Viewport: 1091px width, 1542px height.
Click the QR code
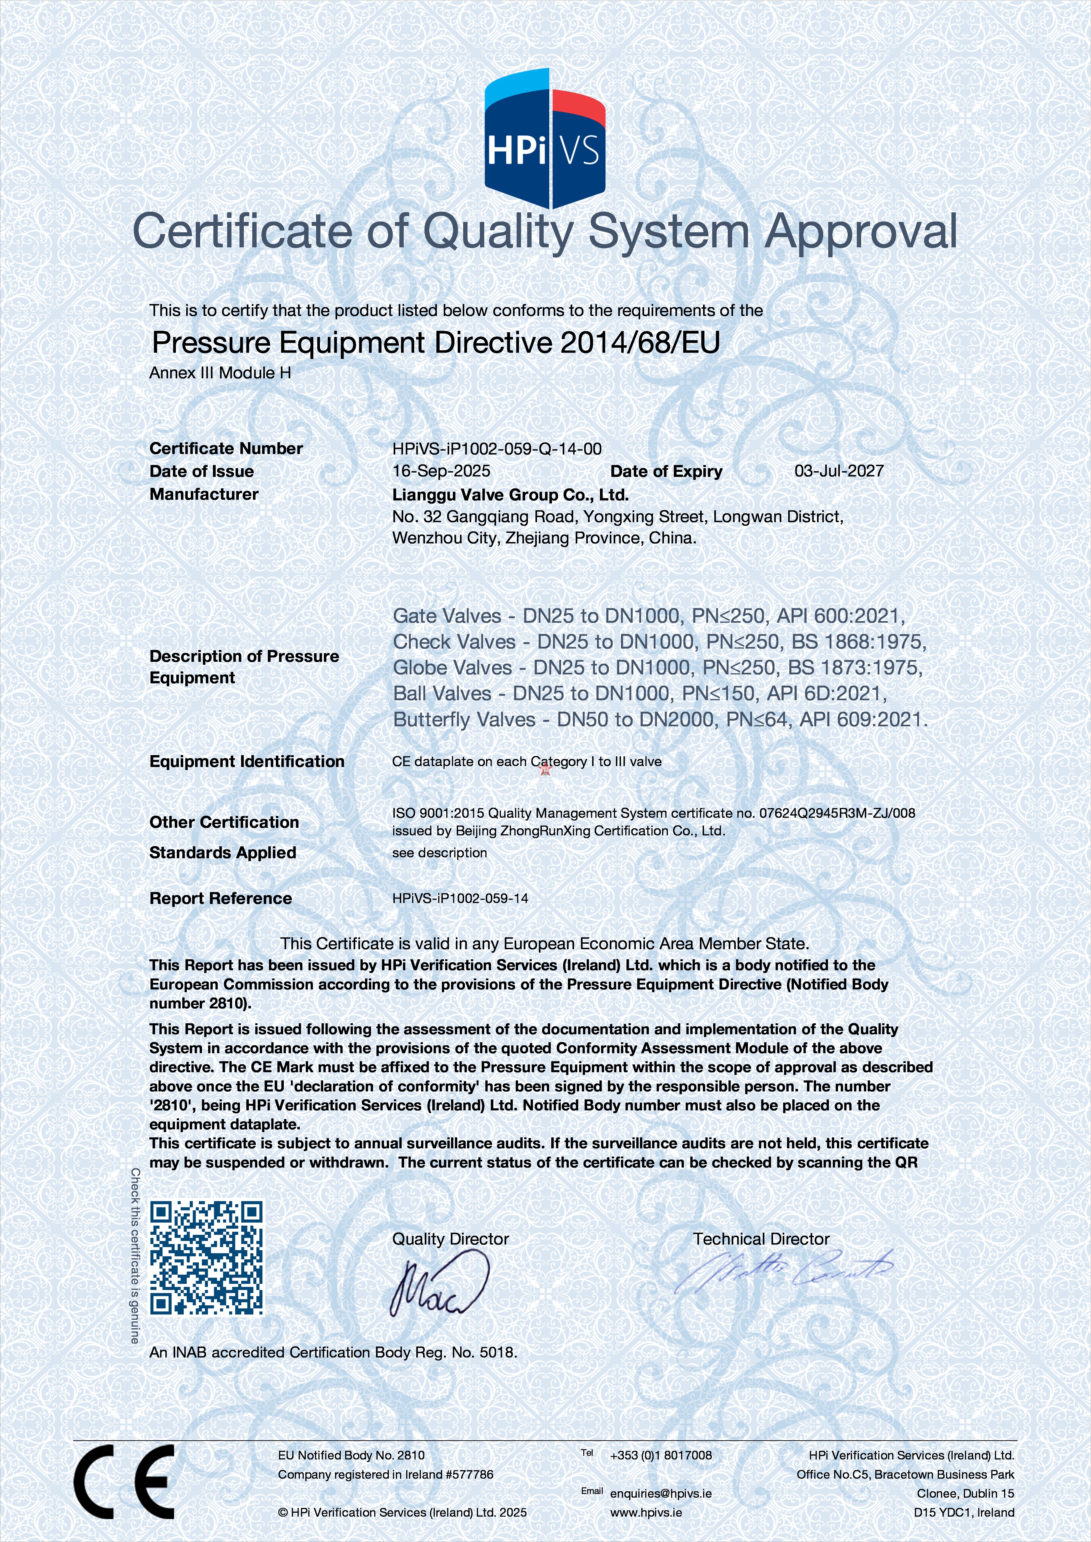(206, 1257)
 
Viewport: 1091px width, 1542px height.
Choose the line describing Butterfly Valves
(660, 720)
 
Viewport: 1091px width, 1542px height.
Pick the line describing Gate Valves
(648, 616)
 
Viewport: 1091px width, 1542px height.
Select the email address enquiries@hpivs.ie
(660, 1493)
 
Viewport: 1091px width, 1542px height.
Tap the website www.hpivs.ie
(646, 1513)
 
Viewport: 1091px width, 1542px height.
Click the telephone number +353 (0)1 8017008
(660, 1455)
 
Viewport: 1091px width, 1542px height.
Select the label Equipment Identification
(247, 762)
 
